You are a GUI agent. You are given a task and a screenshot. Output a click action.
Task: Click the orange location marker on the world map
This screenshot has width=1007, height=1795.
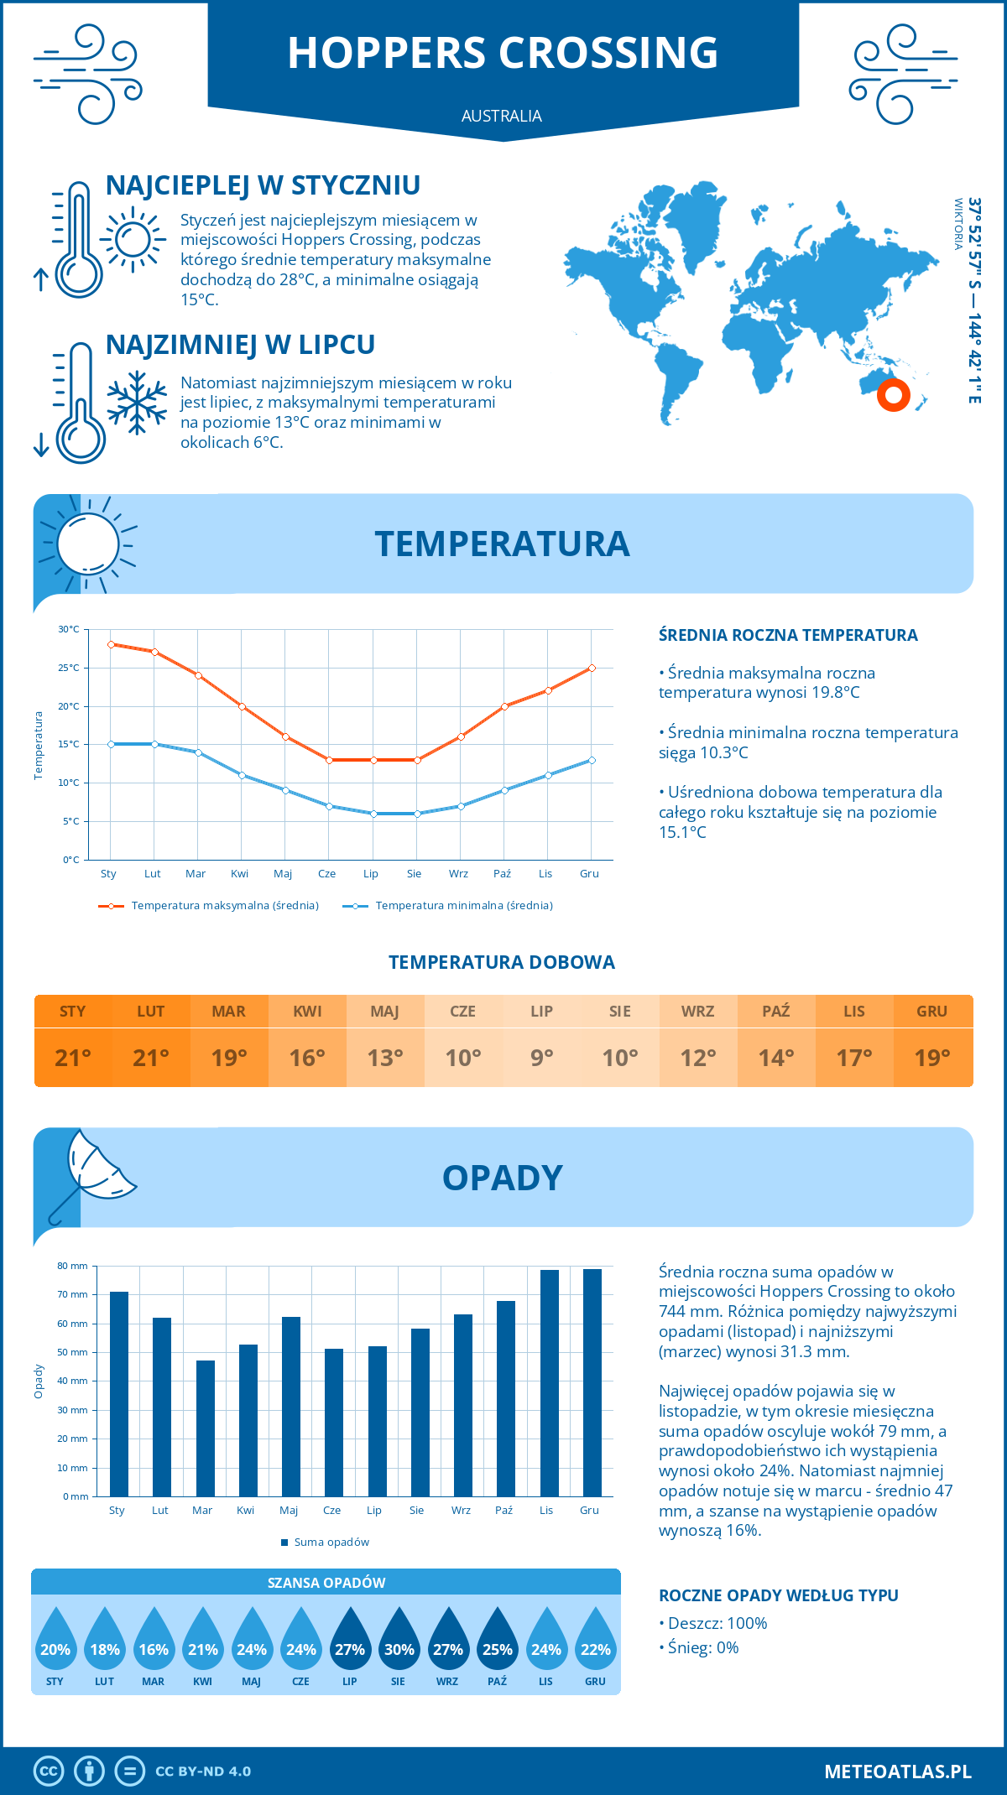[893, 394]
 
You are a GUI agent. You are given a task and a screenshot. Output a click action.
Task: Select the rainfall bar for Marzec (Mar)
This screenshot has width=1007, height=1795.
[205, 1428]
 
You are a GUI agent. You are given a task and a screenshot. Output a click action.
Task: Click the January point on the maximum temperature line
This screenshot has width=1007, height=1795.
[111, 644]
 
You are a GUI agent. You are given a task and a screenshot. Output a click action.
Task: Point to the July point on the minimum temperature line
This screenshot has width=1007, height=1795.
[373, 814]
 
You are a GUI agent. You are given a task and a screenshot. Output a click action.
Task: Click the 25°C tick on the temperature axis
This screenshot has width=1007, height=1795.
[69, 668]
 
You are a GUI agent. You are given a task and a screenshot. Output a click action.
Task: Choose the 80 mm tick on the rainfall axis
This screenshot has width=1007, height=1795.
[73, 1266]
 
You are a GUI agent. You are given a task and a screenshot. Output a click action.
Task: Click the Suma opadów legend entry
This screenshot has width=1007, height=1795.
[331, 1542]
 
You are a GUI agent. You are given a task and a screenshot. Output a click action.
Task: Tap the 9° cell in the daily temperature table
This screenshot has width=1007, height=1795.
[541, 1058]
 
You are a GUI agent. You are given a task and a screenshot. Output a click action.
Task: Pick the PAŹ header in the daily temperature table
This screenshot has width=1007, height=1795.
[775, 1012]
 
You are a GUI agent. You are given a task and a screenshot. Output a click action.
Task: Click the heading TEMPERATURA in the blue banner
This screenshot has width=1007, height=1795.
[502, 544]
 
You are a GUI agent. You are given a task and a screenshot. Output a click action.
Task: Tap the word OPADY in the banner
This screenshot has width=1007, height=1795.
[502, 1178]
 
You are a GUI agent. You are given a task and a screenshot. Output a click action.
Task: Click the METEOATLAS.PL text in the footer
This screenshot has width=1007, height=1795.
[897, 1772]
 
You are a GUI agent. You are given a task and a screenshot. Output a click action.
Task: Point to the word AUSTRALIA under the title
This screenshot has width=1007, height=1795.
[502, 116]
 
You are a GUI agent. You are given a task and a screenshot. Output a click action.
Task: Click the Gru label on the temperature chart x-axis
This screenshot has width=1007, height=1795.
[589, 874]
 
